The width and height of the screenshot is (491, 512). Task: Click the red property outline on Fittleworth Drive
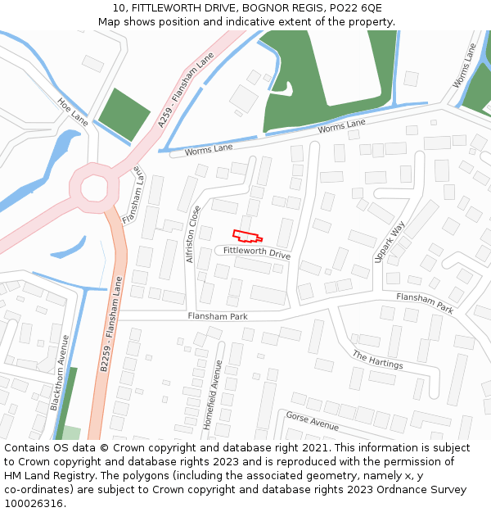[x=248, y=235]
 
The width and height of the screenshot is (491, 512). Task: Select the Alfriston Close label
[x=193, y=233]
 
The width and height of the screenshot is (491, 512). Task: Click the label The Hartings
[x=378, y=360]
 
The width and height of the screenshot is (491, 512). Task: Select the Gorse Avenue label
[x=312, y=421]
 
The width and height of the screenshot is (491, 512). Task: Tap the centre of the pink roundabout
[x=91, y=187]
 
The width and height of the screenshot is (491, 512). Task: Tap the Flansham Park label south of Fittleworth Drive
[x=217, y=316]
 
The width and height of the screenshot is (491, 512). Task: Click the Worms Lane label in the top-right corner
[x=465, y=65]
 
